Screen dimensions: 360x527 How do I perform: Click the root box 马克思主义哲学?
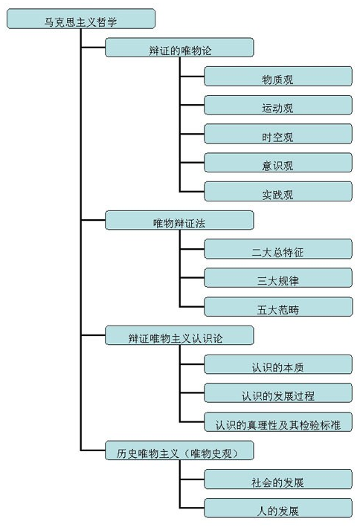pos(81,19)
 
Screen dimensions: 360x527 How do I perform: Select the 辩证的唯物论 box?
pos(179,48)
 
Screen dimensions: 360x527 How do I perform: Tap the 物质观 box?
pos(278,77)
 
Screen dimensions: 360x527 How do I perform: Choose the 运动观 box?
pos(278,105)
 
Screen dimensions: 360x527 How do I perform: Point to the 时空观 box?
pos(278,134)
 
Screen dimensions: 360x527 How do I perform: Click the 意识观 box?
pos(278,163)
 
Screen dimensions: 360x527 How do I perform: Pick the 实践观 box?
pos(278,192)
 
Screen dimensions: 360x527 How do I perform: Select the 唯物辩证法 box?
pos(179,220)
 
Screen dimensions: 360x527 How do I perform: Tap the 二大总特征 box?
pos(278,249)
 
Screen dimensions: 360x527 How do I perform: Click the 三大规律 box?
pos(278,277)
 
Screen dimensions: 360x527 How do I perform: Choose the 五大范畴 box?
pos(278,306)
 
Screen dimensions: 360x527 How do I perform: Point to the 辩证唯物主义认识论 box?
pos(179,335)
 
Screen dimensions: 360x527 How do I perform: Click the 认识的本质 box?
pos(278,364)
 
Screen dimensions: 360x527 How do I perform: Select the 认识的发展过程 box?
pos(278,392)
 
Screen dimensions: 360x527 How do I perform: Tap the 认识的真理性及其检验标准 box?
pos(278,421)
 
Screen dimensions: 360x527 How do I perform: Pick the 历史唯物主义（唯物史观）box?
pos(179,450)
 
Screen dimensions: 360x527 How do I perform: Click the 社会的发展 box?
pos(278,479)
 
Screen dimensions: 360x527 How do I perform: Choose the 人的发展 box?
pos(278,508)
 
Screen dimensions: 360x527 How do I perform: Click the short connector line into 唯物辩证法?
pos(93,220)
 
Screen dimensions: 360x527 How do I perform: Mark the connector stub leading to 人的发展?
pos(192,508)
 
